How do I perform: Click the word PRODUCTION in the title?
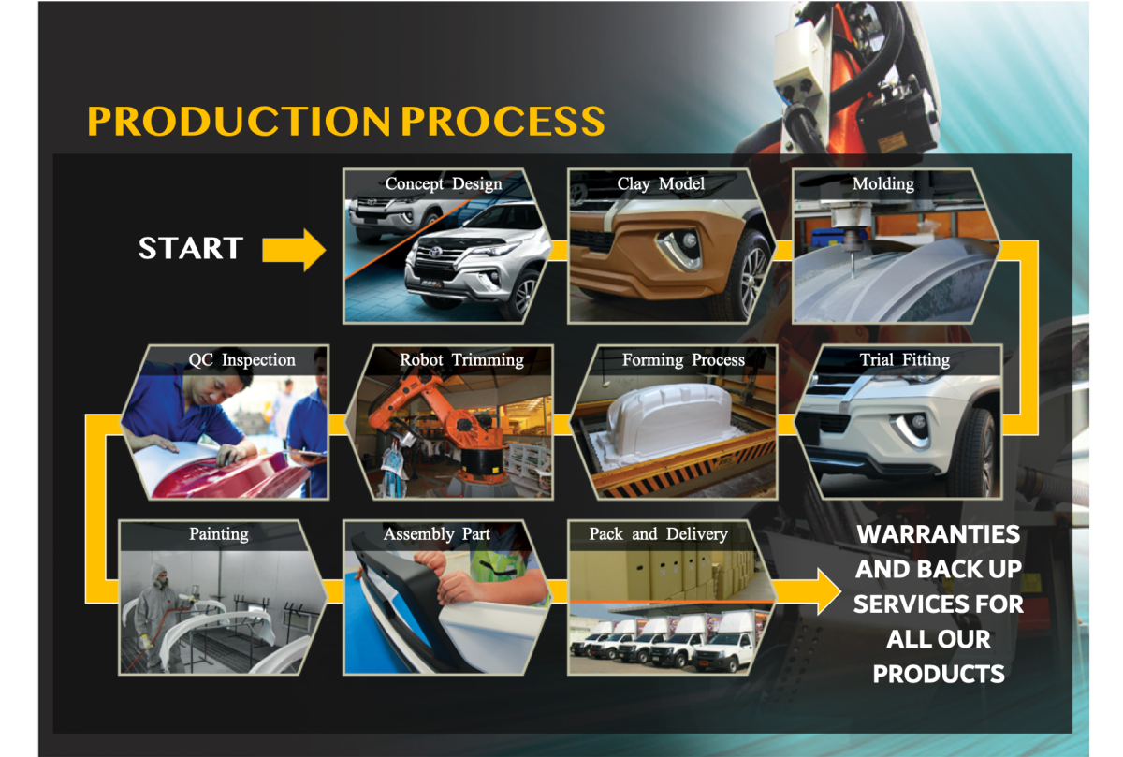tap(238, 122)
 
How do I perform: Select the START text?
tap(191, 249)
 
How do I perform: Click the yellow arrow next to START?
tap(293, 249)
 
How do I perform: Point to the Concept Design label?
tap(444, 183)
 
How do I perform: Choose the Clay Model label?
tap(661, 183)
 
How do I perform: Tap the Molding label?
tap(883, 183)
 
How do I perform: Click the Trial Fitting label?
tap(904, 359)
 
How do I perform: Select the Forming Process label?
tap(683, 359)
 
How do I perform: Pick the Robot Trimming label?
tap(461, 359)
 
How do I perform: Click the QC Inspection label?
tap(241, 359)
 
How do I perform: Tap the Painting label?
tap(219, 534)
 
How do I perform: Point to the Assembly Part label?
tap(436, 534)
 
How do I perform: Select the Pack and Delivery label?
tap(658, 534)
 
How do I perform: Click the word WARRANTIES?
tap(939, 535)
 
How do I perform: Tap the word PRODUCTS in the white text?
tap(939, 673)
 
